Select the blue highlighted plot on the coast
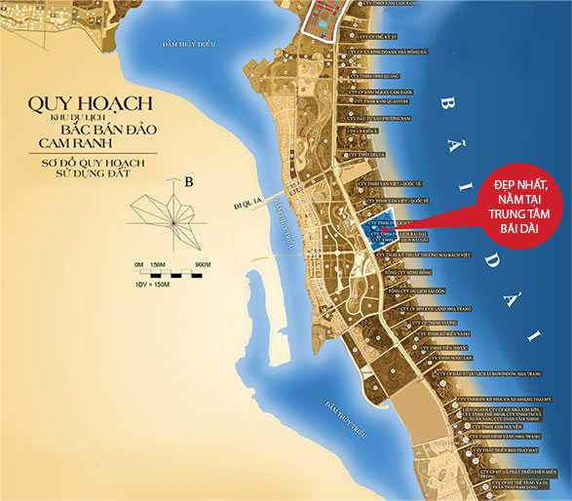pos(384,232)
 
